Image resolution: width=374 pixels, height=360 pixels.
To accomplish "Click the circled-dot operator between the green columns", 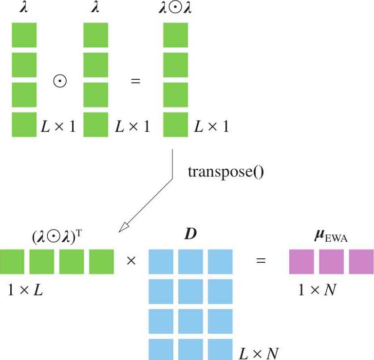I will pos(60,81).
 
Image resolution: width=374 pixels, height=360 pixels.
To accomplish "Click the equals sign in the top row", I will pos(136,81).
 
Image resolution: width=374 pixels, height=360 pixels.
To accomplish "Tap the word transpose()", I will pos(225,173).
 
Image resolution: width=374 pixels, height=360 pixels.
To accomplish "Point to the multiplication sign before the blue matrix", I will pos(131,261).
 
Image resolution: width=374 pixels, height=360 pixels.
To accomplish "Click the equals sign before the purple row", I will pos(262,261).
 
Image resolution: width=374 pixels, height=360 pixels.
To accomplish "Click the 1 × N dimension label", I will pos(318,290).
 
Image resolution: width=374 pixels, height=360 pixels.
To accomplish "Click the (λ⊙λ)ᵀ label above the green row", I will pos(57,237).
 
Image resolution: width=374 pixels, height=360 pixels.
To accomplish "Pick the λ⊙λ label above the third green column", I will pos(175,8).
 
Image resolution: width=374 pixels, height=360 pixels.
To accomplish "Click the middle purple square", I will pos(332,262).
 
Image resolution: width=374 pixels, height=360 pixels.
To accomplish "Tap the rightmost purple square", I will pos(361,262).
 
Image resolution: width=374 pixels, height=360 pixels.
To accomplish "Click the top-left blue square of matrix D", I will pos(160,262).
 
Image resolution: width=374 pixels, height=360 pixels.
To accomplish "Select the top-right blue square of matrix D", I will pos(220,262).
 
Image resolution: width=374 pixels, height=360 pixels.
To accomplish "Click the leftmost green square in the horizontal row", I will pos(12,262).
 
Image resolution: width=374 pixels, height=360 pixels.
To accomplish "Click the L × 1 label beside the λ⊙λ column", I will pos(211,127).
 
